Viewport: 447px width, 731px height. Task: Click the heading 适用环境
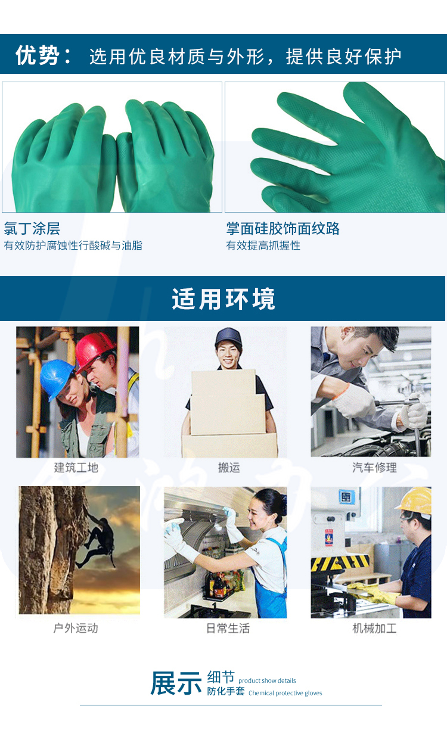223,299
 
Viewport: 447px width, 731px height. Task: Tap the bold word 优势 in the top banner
38,55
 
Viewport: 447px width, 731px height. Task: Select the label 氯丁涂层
32,228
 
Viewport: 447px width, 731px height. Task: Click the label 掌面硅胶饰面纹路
283,228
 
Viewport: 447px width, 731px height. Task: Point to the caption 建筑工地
76,468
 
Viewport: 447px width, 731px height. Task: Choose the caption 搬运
229,468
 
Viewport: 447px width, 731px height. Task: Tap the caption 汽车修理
374,468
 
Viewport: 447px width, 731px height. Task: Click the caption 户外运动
76,628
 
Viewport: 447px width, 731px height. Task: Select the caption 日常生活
228,628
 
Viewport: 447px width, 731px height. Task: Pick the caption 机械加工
374,628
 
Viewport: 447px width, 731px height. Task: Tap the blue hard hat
57,378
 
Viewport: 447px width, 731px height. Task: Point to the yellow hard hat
414,501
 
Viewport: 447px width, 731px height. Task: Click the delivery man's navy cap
228,337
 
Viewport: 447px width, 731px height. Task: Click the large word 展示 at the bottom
176,683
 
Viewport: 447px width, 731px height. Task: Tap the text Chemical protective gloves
285,693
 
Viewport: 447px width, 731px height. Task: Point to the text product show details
267,680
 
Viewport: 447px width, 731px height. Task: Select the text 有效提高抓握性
263,245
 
